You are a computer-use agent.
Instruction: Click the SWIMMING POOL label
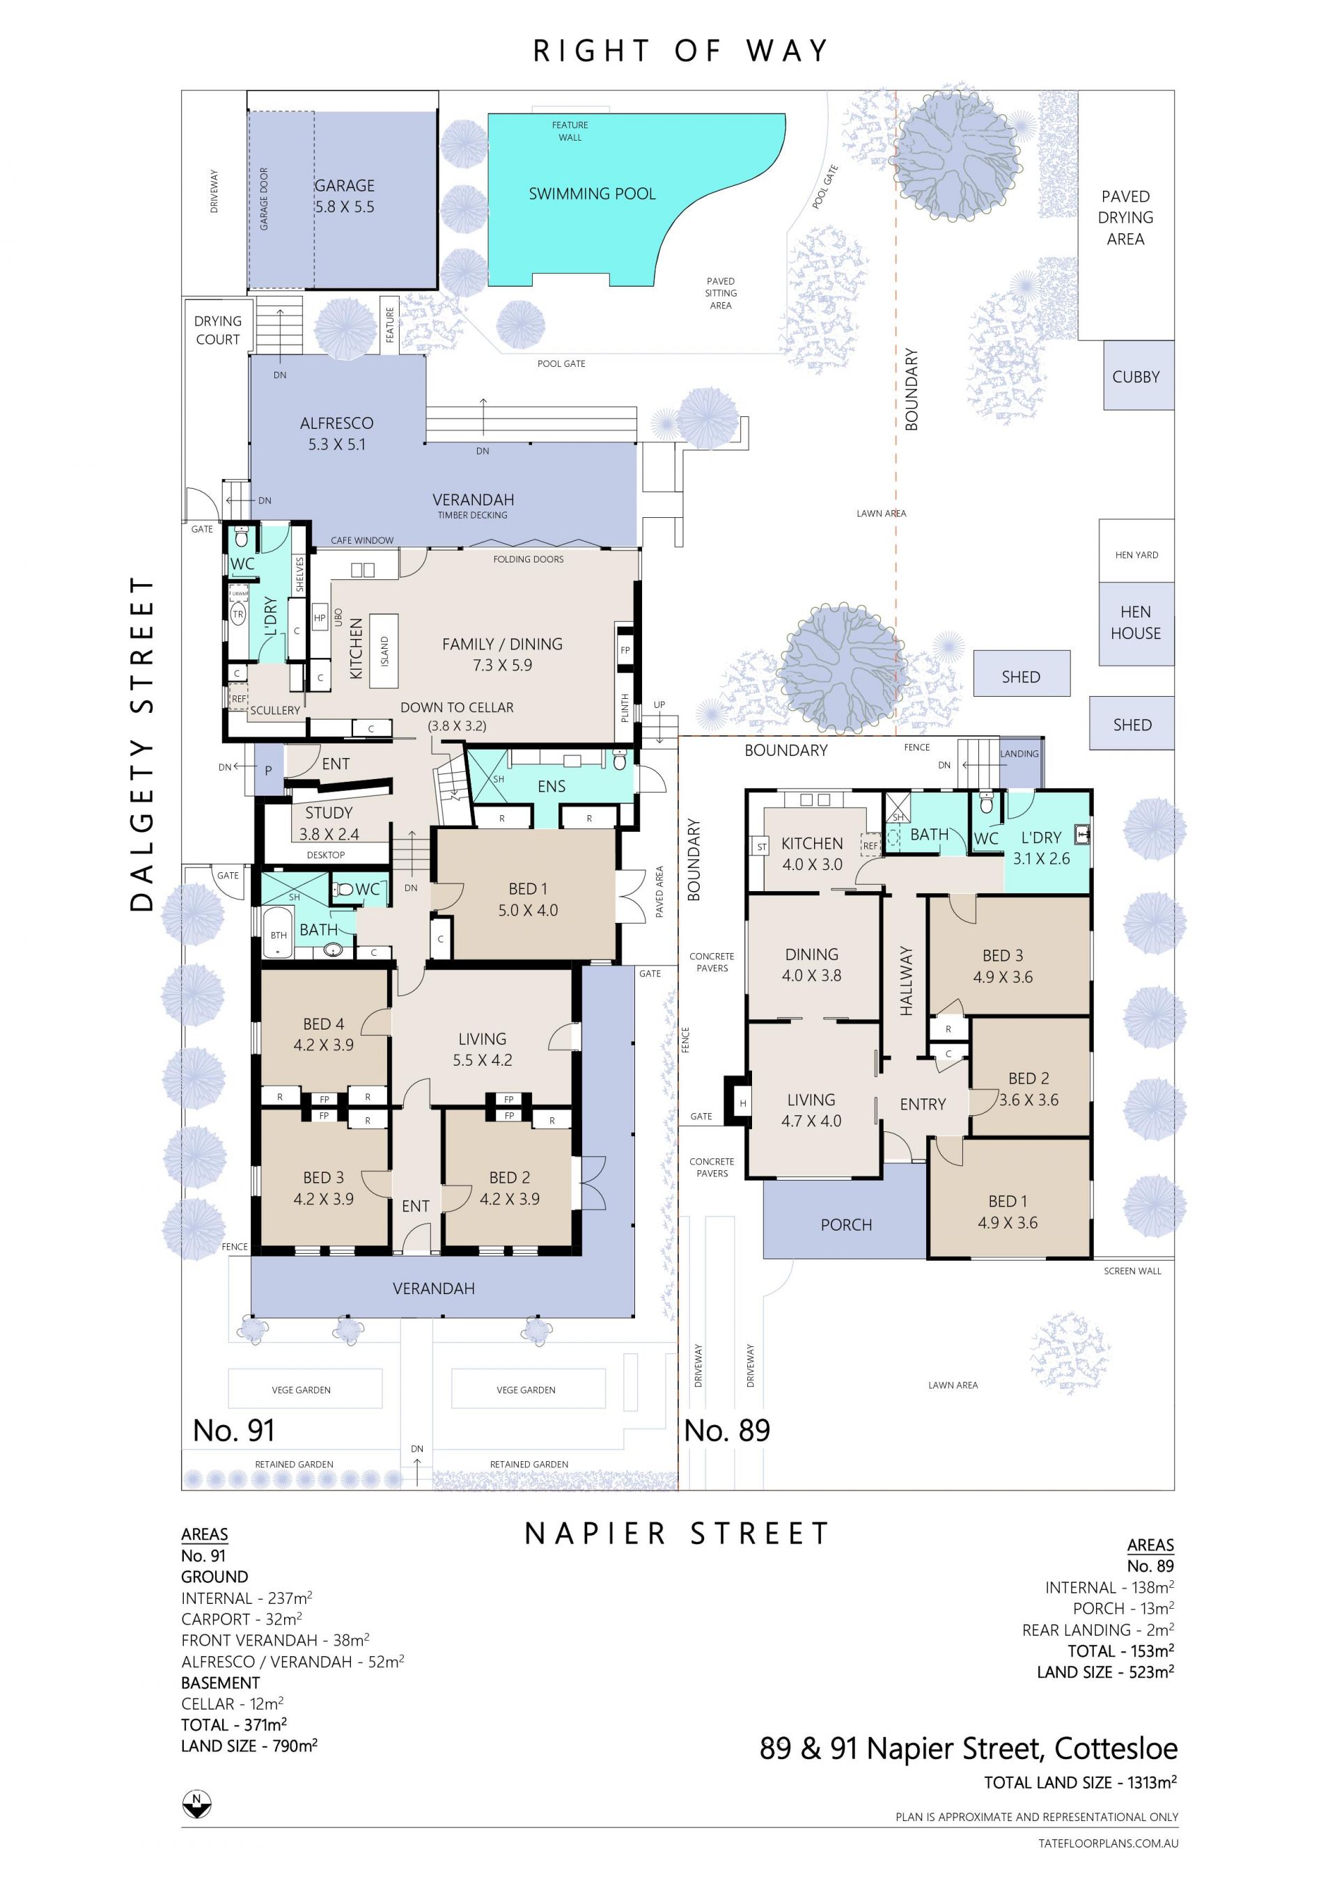point(592,194)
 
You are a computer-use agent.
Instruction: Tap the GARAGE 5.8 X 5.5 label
point(344,196)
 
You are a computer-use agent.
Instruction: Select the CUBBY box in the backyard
point(1139,375)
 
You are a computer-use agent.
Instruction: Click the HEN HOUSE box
point(1136,624)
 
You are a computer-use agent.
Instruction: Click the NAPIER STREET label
point(677,1534)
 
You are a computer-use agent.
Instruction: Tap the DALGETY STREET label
point(141,743)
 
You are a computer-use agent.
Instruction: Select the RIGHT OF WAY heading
point(680,51)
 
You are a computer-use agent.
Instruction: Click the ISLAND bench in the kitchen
point(384,650)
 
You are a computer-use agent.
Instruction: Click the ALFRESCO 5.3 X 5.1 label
point(337,433)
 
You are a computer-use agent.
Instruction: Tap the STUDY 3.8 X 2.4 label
point(329,823)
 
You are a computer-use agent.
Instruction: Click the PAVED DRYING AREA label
point(1125,217)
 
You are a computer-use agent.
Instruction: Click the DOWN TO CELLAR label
point(457,707)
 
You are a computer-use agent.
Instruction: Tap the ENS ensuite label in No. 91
point(551,786)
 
